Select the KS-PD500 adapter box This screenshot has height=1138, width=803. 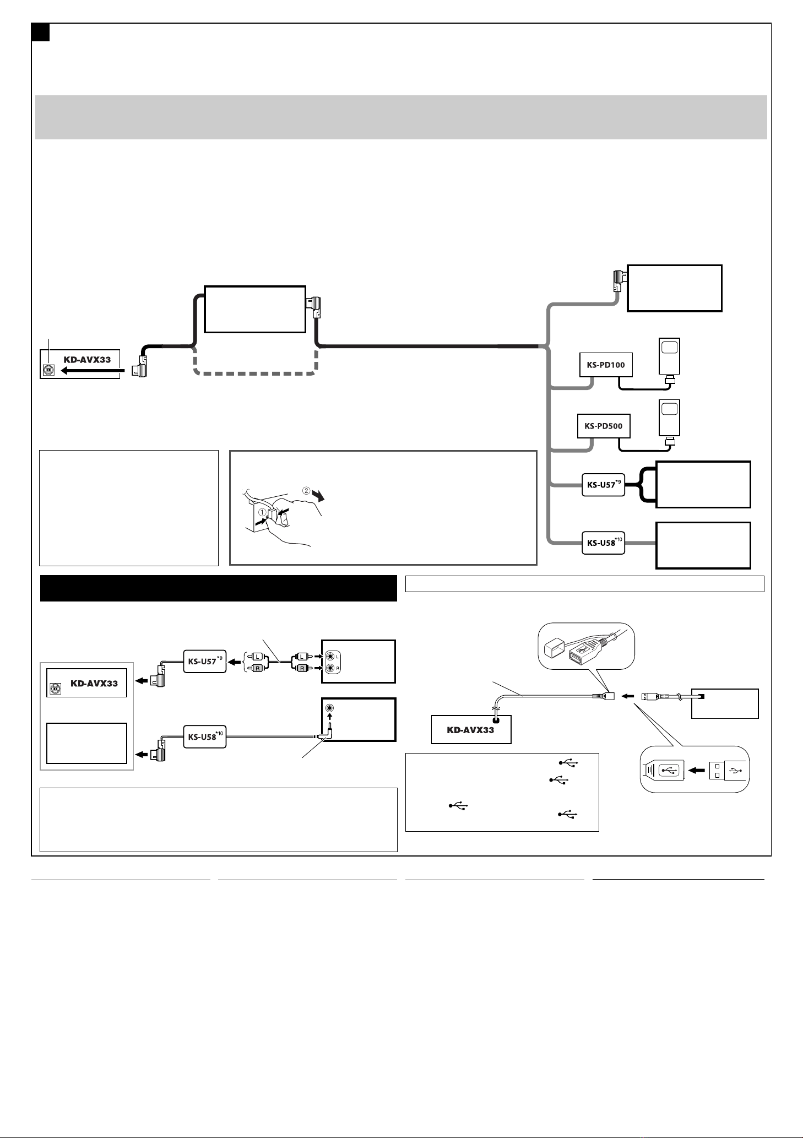(604, 426)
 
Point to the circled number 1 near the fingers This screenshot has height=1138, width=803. (263, 512)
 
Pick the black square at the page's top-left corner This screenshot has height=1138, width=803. (40, 32)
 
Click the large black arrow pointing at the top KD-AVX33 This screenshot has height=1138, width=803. (91, 371)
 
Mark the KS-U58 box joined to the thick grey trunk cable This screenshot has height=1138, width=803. (603, 543)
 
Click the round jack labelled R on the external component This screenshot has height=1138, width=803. (330, 669)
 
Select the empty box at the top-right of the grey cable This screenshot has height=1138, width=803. (675, 289)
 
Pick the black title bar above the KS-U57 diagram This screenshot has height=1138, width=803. (219, 589)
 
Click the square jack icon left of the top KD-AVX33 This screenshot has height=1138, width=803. (48, 371)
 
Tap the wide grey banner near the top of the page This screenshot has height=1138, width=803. (401, 117)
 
